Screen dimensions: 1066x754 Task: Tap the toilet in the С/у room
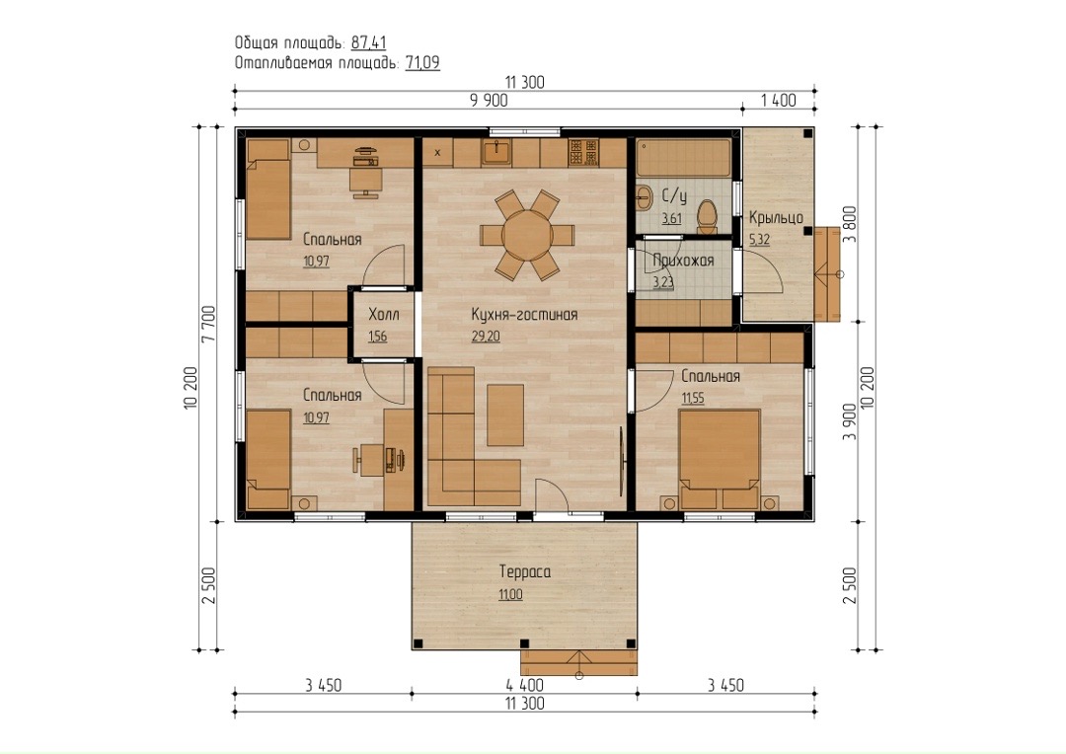click(708, 217)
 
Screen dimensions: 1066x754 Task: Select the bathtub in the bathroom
click(684, 158)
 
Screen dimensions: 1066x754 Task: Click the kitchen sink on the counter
click(497, 152)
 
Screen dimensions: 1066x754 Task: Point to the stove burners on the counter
click(583, 152)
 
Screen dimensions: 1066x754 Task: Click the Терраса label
click(525, 571)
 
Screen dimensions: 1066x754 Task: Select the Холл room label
click(383, 315)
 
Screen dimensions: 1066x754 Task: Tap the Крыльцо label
click(776, 217)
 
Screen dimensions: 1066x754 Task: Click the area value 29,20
click(486, 337)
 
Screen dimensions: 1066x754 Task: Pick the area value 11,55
click(693, 399)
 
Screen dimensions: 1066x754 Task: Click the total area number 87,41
click(368, 43)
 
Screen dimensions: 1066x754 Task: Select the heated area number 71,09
click(422, 63)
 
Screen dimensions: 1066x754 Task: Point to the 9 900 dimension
click(489, 101)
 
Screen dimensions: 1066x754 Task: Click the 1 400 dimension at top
click(778, 101)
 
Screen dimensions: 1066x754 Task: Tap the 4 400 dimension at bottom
click(524, 685)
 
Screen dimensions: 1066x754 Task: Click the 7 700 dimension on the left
click(208, 325)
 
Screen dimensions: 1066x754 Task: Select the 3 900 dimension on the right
click(850, 421)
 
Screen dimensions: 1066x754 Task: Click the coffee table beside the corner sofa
click(505, 415)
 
